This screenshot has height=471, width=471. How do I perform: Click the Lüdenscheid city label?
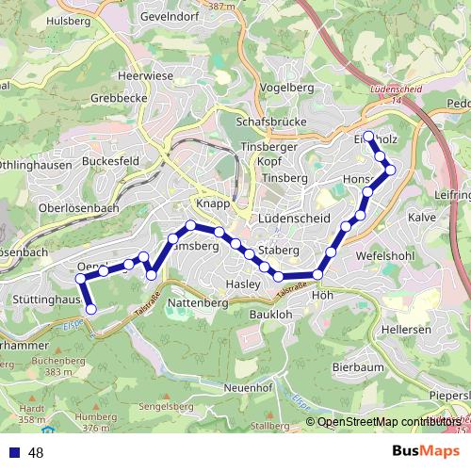point(293,218)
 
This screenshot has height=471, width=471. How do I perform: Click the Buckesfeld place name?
point(111,161)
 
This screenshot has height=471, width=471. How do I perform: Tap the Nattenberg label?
point(199,303)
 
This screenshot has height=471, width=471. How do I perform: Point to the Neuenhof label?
point(249,387)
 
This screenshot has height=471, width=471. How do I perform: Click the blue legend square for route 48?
point(14,453)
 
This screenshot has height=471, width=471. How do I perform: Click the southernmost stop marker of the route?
point(91,309)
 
